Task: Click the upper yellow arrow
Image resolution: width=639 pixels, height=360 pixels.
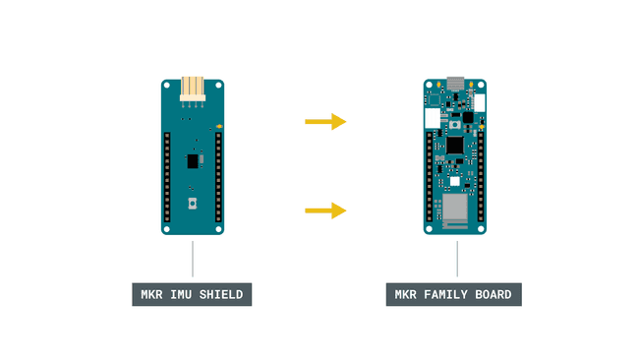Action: pyautogui.click(x=325, y=122)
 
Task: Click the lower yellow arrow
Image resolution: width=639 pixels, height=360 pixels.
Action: pyautogui.click(x=325, y=210)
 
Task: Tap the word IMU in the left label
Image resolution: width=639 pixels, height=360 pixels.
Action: pyautogui.click(x=184, y=293)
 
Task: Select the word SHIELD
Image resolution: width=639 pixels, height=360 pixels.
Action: pyautogui.click(x=223, y=293)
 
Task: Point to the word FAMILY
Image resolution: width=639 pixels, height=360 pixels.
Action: pyautogui.click(x=447, y=293)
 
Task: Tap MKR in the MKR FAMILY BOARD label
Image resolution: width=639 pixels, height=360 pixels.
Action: pyautogui.click(x=407, y=293)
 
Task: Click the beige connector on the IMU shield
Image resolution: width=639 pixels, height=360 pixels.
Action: pyautogui.click(x=193, y=89)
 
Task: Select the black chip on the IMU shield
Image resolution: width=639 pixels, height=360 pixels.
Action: pyautogui.click(x=190, y=159)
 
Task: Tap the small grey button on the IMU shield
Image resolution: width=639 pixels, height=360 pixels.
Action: pyautogui.click(x=193, y=204)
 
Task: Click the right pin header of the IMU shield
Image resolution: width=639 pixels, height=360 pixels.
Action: pyautogui.click(x=218, y=172)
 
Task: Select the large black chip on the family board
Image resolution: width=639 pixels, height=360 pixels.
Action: pyautogui.click(x=454, y=145)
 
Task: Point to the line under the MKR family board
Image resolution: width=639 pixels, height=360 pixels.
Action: pyautogui.click(x=456, y=258)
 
